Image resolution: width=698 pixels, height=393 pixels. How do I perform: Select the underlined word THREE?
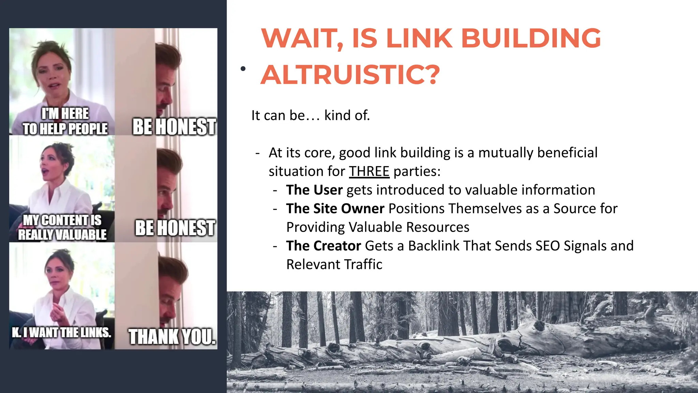[369, 171]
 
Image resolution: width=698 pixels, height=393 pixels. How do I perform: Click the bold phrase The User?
[314, 190]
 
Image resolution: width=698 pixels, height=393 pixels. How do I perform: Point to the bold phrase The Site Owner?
[335, 209]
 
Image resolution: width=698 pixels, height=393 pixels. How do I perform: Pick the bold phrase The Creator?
[323, 246]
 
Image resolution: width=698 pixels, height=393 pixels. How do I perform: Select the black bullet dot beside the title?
[243, 69]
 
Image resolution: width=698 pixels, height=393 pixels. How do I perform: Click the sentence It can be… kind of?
[310, 115]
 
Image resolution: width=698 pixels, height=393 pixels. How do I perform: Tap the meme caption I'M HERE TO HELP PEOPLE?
[65, 121]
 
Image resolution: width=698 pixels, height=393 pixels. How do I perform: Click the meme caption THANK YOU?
[172, 337]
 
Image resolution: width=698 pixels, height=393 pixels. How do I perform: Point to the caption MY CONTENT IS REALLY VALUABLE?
[62, 227]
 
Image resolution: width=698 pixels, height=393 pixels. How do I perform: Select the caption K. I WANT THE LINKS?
[62, 332]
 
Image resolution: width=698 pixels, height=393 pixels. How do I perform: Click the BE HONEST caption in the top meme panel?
[174, 127]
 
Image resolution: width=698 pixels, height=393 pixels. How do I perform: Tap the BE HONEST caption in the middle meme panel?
[175, 228]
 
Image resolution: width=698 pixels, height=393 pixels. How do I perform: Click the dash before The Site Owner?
[275, 209]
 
